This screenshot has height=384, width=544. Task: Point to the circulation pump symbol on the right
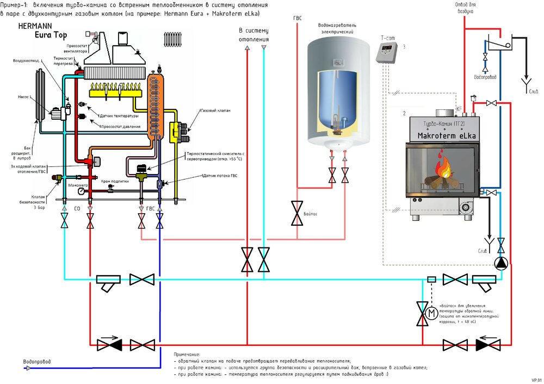[x=500, y=263]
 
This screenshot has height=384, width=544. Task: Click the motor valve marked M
[x=431, y=313]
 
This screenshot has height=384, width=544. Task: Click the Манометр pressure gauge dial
[x=81, y=191]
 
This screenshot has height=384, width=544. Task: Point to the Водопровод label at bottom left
[x=37, y=361]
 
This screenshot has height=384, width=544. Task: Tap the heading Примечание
[x=187, y=354]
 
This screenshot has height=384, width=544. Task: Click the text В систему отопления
[x=254, y=35]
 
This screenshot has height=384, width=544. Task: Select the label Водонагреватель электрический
[x=333, y=29]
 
